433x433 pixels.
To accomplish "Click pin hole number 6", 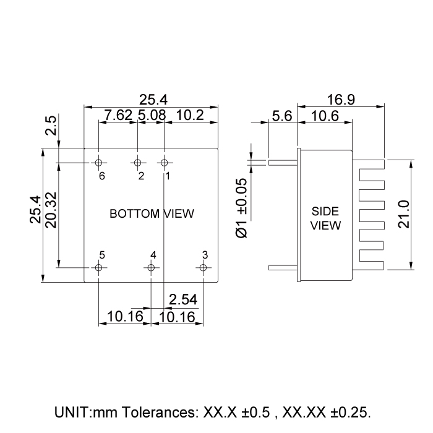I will (99, 163).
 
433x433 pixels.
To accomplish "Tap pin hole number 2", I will (137, 163).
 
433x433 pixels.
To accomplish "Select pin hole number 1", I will (164, 163).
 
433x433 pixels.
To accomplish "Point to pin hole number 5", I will (99, 268).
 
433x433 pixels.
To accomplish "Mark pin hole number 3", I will (202, 268).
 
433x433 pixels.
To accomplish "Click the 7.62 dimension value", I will (118, 114).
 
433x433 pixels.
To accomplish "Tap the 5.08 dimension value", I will (150, 114).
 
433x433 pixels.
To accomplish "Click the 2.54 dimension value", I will (183, 300).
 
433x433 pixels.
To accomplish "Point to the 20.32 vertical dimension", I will (51, 210).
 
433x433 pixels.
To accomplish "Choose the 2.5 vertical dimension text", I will (51, 126).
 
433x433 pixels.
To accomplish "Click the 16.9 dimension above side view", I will (341, 99).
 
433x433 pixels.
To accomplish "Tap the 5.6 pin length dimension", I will (282, 115).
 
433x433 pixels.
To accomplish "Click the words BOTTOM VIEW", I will (152, 214).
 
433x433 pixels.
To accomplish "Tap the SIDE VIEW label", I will (325, 218).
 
